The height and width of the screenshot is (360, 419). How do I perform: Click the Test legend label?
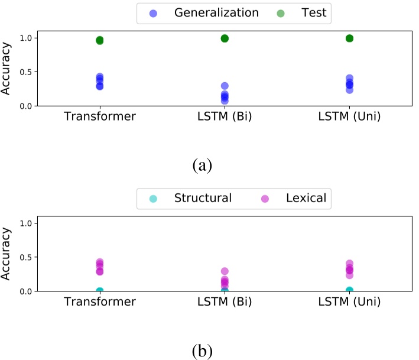coord(313,12)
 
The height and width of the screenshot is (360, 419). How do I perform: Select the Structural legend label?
coord(203,198)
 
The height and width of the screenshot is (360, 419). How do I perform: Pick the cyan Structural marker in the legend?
coord(153,199)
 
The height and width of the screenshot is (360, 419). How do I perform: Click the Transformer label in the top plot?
coord(100,116)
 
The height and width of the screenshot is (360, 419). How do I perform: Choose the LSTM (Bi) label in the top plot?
coord(225,116)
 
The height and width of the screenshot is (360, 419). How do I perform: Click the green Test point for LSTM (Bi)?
coord(225,38)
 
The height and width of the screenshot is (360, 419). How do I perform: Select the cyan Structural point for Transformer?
coord(100,291)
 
